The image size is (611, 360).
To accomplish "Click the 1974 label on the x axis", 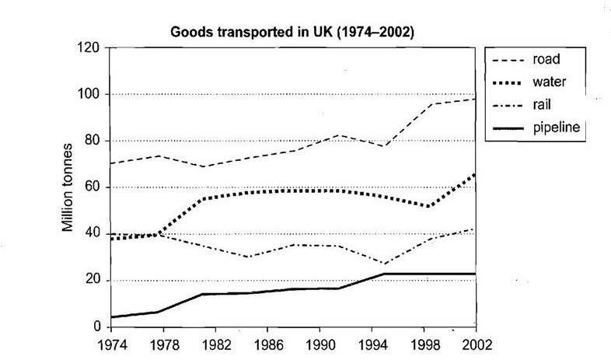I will pyautogui.click(x=108, y=343).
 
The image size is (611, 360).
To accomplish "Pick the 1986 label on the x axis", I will pyautogui.click(x=262, y=343).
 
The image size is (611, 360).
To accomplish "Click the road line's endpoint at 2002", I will pyautogui.click(x=475, y=99).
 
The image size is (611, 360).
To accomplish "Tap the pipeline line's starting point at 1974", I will pyautogui.click(x=108, y=317).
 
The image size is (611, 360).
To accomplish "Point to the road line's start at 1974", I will pyautogui.click(x=108, y=163).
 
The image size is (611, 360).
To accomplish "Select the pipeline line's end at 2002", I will pyautogui.click(x=475, y=274).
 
